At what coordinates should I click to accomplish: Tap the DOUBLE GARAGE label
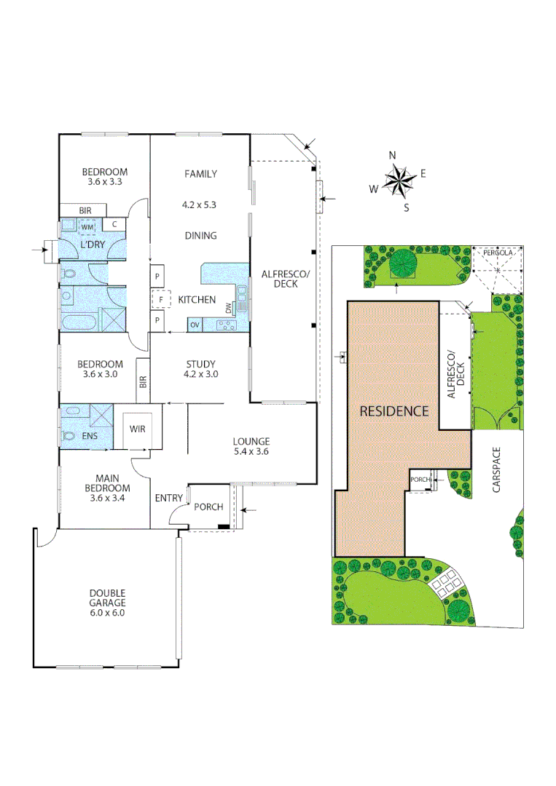pos(107,598)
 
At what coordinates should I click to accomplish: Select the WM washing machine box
pos(87,228)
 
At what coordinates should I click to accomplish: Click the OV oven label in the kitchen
pos(195,325)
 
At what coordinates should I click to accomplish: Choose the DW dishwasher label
pos(228,308)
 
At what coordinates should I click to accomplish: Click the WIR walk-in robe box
pos(138,429)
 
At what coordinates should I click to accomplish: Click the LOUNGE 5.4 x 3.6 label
pos(251,446)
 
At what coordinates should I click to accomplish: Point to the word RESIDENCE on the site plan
pos(394,411)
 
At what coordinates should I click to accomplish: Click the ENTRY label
pos(168,498)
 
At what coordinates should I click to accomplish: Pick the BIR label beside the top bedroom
pos(85,210)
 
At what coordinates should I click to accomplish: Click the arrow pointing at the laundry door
pos(38,252)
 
